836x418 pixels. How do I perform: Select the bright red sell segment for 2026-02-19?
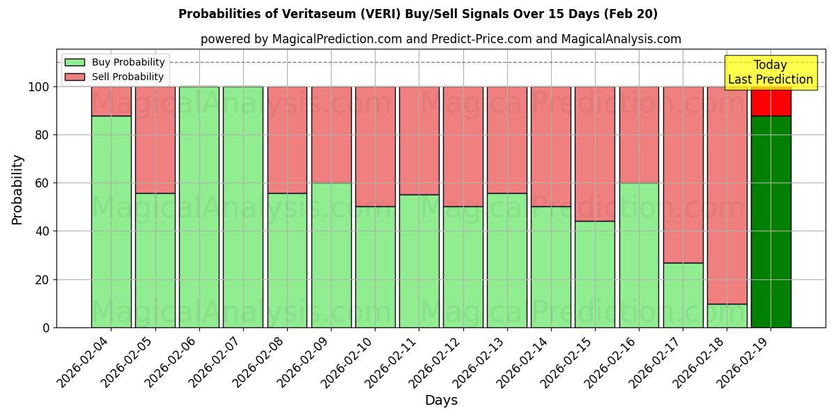pyautogui.click(x=771, y=102)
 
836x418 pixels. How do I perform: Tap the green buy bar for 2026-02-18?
pyautogui.click(x=727, y=316)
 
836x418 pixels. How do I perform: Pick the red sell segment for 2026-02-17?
pyautogui.click(x=683, y=174)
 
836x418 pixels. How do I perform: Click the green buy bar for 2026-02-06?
pyautogui.click(x=199, y=207)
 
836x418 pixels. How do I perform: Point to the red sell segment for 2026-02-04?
pyautogui.click(x=111, y=101)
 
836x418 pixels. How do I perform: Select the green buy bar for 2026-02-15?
pyautogui.click(x=595, y=274)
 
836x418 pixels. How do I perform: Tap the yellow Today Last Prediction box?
pyautogui.click(x=771, y=72)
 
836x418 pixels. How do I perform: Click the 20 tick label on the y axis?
pyautogui.click(x=43, y=279)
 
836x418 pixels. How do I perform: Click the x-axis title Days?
pyautogui.click(x=441, y=401)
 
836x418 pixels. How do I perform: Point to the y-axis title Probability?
pyautogui.click(x=17, y=189)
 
